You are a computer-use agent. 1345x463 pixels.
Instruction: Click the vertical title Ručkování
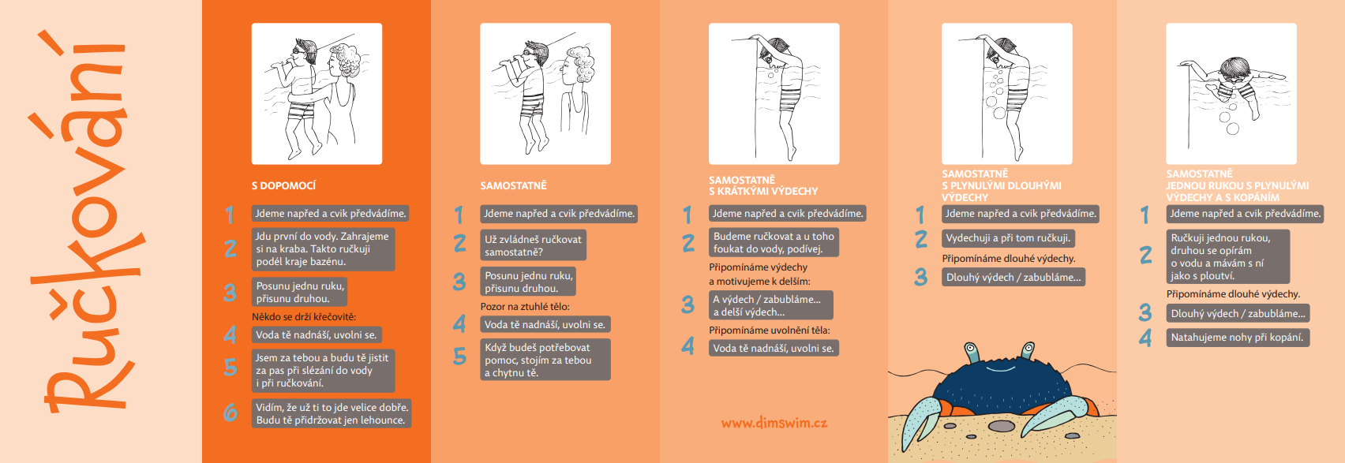84,222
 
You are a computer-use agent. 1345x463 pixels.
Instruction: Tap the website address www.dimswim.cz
774,423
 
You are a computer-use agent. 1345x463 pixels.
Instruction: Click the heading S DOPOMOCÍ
283,186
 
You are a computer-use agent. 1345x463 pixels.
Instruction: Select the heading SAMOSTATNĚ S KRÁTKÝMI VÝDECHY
763,185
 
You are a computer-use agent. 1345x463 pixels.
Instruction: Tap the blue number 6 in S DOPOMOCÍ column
230,413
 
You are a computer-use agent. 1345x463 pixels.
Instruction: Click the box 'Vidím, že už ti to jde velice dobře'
332,413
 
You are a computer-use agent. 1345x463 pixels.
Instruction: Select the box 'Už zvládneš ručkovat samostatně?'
534,245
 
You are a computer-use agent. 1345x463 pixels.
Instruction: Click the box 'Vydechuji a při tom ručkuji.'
1008,238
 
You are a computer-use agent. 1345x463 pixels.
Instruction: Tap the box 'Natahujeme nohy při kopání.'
1238,338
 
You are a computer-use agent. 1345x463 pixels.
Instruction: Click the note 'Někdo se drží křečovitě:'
304,316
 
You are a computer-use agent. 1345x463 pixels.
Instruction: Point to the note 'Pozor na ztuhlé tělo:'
525,307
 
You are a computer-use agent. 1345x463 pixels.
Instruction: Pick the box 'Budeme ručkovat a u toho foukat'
774,242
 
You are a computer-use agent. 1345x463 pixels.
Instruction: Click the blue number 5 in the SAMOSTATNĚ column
459,357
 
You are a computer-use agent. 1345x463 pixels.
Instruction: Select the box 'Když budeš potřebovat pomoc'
545,360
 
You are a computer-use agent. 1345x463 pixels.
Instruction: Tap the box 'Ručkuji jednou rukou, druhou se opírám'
1228,256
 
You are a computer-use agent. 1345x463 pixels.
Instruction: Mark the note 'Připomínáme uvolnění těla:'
769,330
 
